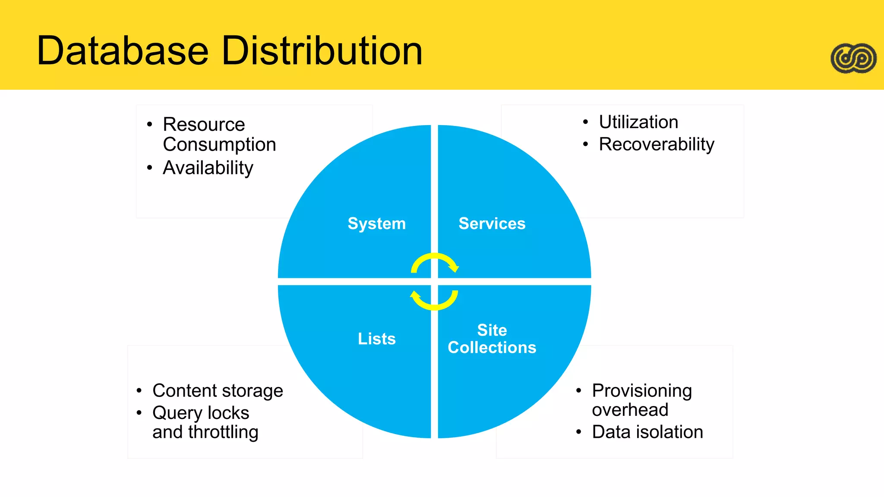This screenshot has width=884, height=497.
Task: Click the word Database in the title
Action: pyautogui.click(x=123, y=51)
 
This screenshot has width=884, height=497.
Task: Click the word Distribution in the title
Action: pyautogui.click(x=322, y=51)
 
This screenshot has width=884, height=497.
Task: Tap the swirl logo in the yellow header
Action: pyautogui.click(x=853, y=58)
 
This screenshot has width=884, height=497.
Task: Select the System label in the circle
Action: pyautogui.click(x=377, y=223)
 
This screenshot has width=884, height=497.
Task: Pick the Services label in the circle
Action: pyautogui.click(x=492, y=223)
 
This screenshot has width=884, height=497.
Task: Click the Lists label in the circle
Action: pyautogui.click(x=377, y=339)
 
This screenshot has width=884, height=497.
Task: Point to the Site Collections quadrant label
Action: pyautogui.click(x=492, y=339)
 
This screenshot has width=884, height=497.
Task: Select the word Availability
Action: pyautogui.click(x=208, y=168)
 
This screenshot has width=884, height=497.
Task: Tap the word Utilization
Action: pyautogui.click(x=638, y=122)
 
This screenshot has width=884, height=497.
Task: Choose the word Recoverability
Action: pyautogui.click(x=657, y=144)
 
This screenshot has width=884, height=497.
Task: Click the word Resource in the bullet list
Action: pyautogui.click(x=204, y=125)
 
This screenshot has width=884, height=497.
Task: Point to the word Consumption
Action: pyautogui.click(x=219, y=145)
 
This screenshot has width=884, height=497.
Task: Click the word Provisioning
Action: pyautogui.click(x=642, y=391)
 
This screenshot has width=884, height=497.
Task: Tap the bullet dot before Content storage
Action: pyautogui.click(x=139, y=391)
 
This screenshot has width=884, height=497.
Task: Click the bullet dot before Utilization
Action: pyautogui.click(x=585, y=122)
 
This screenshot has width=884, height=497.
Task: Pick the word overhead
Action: pyautogui.click(x=630, y=410)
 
